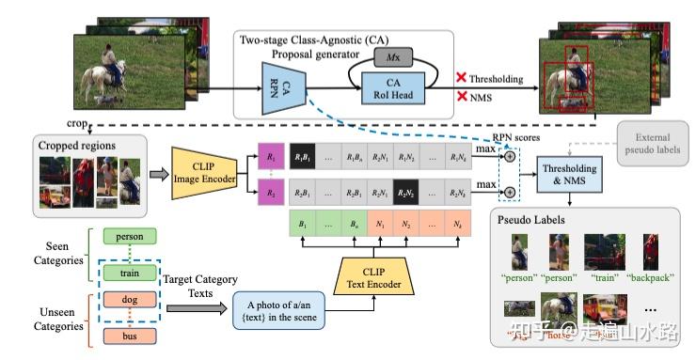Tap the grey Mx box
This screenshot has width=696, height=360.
[394, 58]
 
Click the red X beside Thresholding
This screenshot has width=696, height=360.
[462, 77]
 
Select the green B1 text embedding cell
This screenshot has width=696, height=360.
[304, 227]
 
